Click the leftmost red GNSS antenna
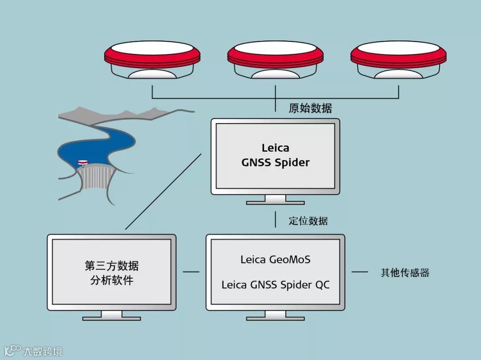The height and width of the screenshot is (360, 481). [x=152, y=60]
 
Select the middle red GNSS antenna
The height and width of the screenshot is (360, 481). [x=275, y=60]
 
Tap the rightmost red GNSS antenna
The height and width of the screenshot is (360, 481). [x=398, y=60]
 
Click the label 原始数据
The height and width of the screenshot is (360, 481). [x=310, y=108]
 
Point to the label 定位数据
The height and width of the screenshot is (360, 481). [x=308, y=221]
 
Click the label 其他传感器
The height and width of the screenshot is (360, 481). [x=405, y=273]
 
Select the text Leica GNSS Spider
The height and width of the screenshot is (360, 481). [x=275, y=155]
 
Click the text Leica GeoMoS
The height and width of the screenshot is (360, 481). [x=275, y=259]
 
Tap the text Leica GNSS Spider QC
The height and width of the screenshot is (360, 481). [x=276, y=285]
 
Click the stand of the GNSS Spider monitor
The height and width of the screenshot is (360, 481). [x=275, y=200]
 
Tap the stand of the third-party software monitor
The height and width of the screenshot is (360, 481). [x=111, y=316]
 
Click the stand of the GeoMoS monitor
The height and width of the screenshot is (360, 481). [x=275, y=316]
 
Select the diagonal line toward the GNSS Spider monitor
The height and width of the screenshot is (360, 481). [x=163, y=192]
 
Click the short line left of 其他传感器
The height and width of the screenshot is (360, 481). [x=360, y=271]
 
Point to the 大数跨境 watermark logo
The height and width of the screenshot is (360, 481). [x=33, y=351]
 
